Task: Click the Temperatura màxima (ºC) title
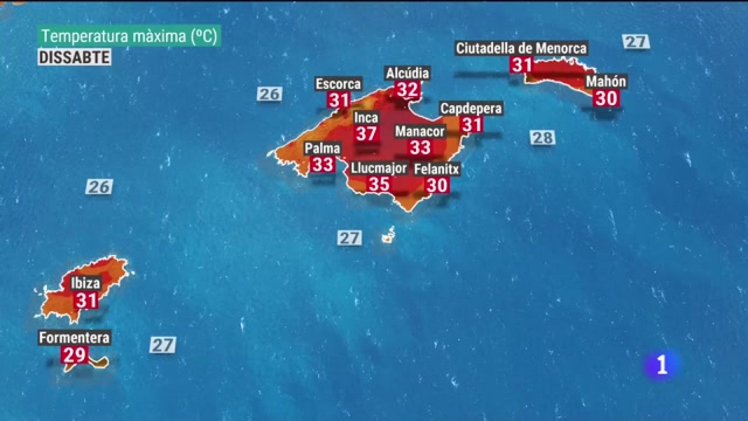[x=129, y=36]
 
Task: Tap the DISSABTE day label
[x=74, y=58]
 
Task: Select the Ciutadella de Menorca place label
[x=521, y=48]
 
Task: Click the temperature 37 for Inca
[x=366, y=134]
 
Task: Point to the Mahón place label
[x=606, y=81]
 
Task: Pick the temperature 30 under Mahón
[x=606, y=98]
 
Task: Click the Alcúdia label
[x=407, y=73]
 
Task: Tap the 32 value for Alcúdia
[x=407, y=89]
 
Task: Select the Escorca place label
[x=338, y=84]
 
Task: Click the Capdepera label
[x=471, y=109]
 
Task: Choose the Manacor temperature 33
[x=420, y=148]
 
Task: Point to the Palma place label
[x=322, y=149]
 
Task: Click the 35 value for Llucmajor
[x=379, y=184]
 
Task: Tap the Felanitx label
[x=437, y=169]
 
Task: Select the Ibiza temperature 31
[x=86, y=300]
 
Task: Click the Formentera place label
[x=74, y=338]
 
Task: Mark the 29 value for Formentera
[x=74, y=355]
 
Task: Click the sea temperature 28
[x=542, y=138]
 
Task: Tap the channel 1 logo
[x=661, y=365]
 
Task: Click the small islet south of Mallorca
[x=388, y=237]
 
